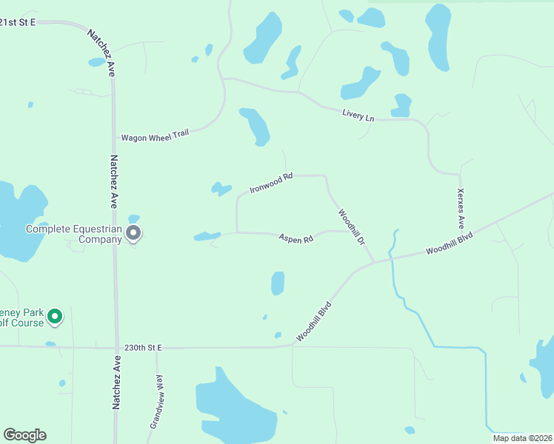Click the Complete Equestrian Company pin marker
(x=133, y=233)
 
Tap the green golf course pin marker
(x=54, y=317)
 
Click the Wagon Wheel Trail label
(x=155, y=136)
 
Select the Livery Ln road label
(x=358, y=115)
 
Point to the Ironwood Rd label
(x=271, y=183)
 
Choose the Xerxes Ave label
(x=461, y=209)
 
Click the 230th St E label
(x=142, y=347)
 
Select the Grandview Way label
(x=156, y=402)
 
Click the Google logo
(x=24, y=435)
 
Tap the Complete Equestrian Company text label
(x=73, y=234)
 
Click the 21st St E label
(x=19, y=23)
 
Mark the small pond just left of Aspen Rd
(x=207, y=237)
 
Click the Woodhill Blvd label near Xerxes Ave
(x=449, y=242)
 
